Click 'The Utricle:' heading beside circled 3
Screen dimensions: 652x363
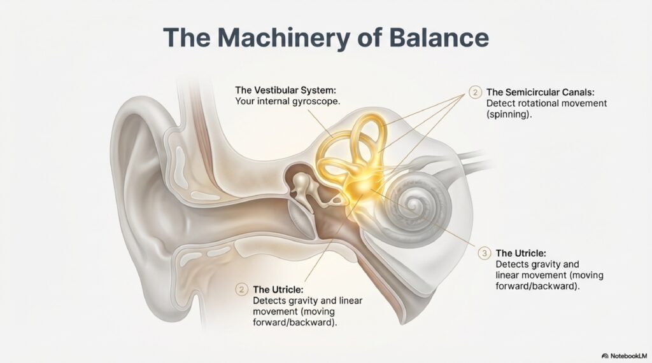coord(520,253)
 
